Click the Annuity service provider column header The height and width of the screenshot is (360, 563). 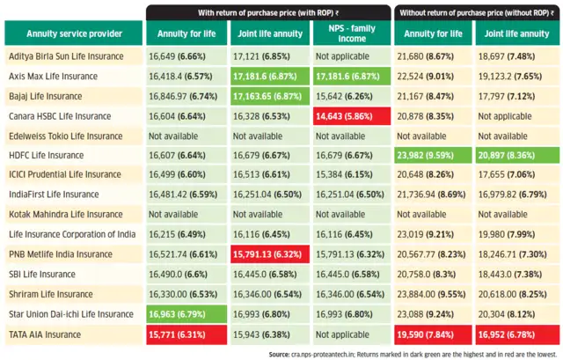click(74, 33)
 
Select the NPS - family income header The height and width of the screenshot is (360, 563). click(352, 33)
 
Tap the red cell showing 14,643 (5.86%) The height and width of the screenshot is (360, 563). click(352, 116)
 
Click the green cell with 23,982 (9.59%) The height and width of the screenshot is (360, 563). click(433, 155)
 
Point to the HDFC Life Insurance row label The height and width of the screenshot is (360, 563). click(47, 155)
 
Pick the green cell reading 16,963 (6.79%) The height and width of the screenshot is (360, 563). click(186, 314)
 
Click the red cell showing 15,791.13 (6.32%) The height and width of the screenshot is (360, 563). click(270, 254)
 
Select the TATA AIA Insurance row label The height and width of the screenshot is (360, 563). click(45, 334)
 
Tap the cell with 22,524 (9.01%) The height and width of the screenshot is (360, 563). click(433, 77)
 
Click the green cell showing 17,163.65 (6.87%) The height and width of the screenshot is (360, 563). click(270, 96)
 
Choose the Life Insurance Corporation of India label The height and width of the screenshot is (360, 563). click(72, 234)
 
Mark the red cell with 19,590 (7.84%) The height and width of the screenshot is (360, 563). click(433, 334)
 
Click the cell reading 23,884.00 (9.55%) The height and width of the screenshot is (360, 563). click(433, 294)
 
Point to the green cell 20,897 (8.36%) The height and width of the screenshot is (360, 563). click(517, 155)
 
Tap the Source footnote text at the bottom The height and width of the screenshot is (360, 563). click(413, 355)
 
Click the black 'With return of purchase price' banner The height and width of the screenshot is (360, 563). click(268, 12)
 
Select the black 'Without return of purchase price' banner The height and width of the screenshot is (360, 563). click(477, 12)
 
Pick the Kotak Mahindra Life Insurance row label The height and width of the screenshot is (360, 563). click(66, 214)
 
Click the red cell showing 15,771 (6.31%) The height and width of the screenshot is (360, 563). click(186, 334)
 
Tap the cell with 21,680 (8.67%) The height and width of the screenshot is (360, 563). click(433, 56)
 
